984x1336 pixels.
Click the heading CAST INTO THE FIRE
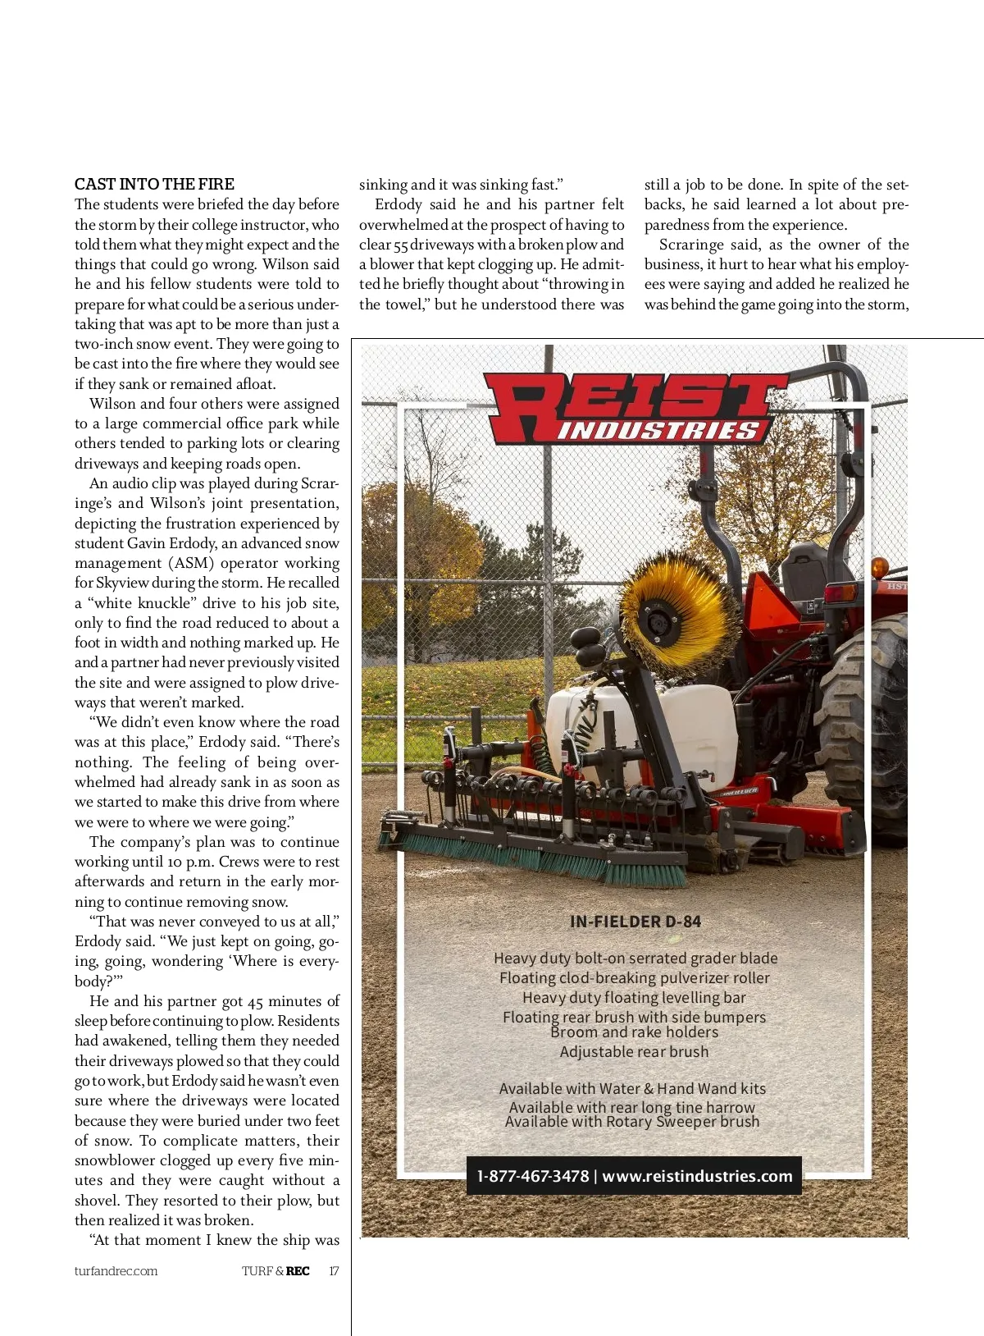[154, 184]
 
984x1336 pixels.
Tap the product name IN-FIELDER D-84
[635, 922]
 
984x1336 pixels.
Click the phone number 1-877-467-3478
[533, 1176]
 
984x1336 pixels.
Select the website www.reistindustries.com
[698, 1176]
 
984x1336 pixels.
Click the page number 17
[334, 1271]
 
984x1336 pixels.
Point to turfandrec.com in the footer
[116, 1271]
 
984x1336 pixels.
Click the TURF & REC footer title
[276, 1271]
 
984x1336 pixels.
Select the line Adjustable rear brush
[634, 1052]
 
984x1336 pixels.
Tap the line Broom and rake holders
[634, 1032]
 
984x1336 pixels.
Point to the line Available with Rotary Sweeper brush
[632, 1122]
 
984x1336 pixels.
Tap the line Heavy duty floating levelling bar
[634, 998]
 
